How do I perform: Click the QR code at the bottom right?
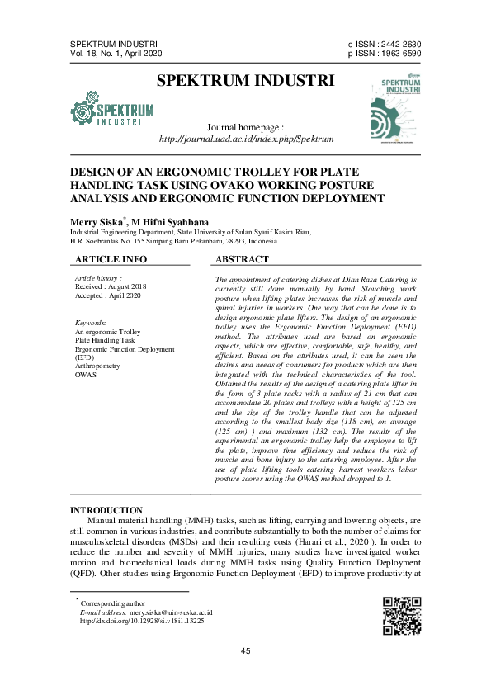click(402, 616)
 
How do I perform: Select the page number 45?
click(245, 652)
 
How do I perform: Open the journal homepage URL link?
click(246, 140)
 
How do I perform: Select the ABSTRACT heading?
click(242, 260)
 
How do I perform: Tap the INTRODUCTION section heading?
click(106, 511)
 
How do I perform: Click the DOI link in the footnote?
click(141, 621)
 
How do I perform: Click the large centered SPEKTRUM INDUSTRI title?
click(245, 81)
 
